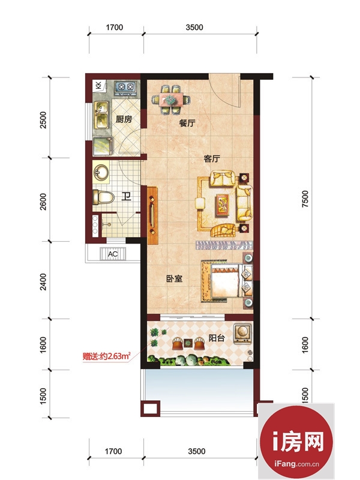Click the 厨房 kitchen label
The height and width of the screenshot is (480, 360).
pos(124,119)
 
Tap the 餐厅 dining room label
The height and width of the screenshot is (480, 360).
pos(187,123)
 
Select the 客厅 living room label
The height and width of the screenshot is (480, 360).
pos(212,159)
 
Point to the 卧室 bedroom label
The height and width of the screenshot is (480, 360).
pos(174,278)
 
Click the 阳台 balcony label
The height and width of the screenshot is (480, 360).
pos(217,338)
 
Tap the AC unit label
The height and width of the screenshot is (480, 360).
pos(113,254)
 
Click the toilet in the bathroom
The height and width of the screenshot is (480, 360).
pos(103,197)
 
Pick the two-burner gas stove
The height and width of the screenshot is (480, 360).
pos(125,86)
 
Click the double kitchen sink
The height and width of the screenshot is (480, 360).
pos(101,115)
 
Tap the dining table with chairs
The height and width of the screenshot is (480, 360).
pos(171,100)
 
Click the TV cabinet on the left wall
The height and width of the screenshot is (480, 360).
pos(152,215)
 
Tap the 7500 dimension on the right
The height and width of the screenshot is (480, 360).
pos(305,199)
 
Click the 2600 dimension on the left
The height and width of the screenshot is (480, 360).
pos(43,202)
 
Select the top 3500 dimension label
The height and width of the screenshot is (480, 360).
pos(194,27)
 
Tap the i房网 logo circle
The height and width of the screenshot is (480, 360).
pos(296,442)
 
